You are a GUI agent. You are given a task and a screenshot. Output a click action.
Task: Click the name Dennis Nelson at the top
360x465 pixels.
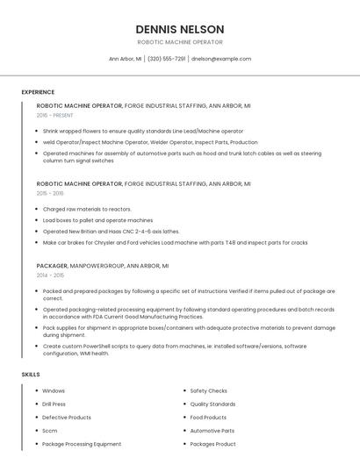pyautogui.click(x=180, y=29)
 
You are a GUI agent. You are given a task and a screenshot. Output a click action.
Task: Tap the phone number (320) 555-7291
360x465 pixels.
pyautogui.click(x=167, y=59)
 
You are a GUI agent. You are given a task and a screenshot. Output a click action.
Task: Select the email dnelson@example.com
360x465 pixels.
pyautogui.click(x=221, y=59)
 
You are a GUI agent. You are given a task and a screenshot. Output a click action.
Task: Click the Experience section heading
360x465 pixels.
pyautogui.click(x=38, y=91)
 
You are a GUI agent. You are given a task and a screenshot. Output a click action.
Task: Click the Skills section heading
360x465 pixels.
pyautogui.click(x=31, y=375)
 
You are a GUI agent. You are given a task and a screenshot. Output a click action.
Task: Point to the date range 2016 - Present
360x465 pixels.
pyautogui.click(x=54, y=115)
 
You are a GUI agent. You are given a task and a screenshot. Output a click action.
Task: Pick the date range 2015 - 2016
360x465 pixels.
pyautogui.click(x=50, y=193)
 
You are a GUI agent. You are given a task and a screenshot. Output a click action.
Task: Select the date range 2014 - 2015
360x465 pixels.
pyautogui.click(x=50, y=275)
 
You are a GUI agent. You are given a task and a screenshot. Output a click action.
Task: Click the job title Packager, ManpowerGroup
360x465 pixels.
pyautogui.click(x=102, y=265)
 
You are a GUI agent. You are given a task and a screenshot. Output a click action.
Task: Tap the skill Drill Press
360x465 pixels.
pyautogui.click(x=54, y=404)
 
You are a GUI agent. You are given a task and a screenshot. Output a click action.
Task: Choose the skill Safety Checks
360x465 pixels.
pyautogui.click(x=208, y=390)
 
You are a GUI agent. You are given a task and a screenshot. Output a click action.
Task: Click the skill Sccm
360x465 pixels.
pyautogui.click(x=49, y=431)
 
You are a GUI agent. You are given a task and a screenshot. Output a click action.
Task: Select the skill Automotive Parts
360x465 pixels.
pyautogui.click(x=212, y=431)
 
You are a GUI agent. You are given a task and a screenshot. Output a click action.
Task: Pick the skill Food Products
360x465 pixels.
pyautogui.click(x=208, y=418)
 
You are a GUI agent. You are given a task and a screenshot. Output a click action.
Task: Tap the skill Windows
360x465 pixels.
pyautogui.click(x=54, y=390)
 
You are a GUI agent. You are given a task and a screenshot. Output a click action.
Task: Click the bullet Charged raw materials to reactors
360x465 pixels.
pyautogui.click(x=87, y=209)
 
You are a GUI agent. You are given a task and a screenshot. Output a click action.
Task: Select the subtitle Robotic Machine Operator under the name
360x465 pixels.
pyautogui.click(x=180, y=42)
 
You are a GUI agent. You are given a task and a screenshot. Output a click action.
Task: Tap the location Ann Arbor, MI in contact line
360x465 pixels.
pyautogui.click(x=125, y=59)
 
